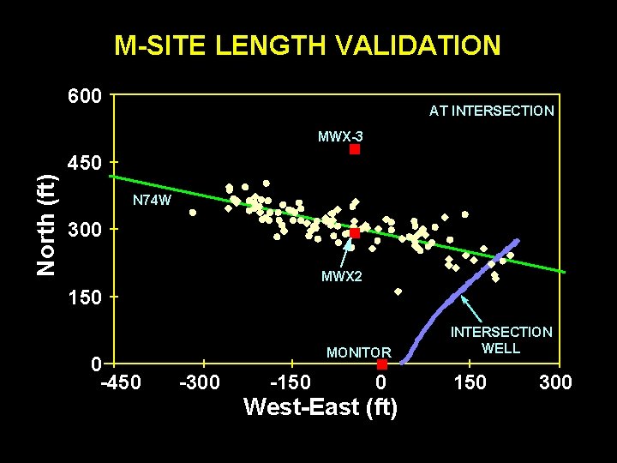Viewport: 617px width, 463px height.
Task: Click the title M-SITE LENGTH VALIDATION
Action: coord(308,45)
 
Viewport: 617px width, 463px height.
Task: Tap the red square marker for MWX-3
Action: coord(355,149)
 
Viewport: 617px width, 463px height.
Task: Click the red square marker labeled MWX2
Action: coord(355,233)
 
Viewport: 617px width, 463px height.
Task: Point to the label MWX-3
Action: coord(340,136)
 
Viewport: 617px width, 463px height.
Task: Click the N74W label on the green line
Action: coord(153,201)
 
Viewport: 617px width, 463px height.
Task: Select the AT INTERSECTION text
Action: coord(491,111)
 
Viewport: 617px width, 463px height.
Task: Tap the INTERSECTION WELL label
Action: coord(501,340)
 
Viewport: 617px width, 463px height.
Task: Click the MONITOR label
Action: coord(358,352)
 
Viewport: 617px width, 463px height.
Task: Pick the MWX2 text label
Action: coord(342,276)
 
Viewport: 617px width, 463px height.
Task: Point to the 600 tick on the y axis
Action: coord(85,96)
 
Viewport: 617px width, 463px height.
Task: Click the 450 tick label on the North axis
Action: coord(85,163)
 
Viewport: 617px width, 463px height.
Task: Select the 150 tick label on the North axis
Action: coord(85,298)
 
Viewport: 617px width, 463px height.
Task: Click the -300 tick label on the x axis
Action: coord(201,382)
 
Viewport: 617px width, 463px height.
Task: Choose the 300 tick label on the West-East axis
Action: coord(555,382)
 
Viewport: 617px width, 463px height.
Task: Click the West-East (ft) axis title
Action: coord(320,406)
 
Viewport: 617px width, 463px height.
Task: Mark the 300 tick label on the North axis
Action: coord(85,231)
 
